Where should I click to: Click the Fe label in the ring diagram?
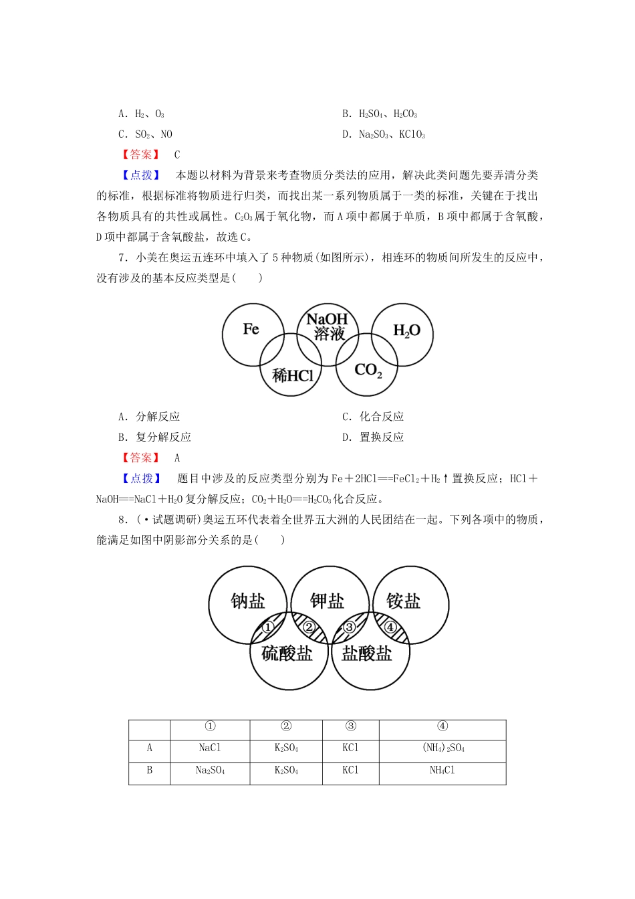pos(251,329)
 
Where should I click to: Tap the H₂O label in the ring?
pos(406,330)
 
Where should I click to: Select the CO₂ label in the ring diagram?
pos(368,370)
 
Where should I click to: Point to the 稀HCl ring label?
pos(293,376)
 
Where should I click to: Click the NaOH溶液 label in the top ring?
pos(328,326)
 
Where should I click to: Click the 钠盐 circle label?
pos(248,601)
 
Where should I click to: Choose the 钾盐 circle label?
pos(327,601)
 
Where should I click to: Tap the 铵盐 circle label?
pos(403,601)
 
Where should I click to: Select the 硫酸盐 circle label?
pos(287,654)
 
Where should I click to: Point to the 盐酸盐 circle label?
pos(366,654)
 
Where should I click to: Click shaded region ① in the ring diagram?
pos(267,627)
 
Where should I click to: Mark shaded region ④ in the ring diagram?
pos(390,627)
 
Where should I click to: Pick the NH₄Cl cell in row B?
pos(442,771)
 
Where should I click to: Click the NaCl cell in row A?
pos(209,748)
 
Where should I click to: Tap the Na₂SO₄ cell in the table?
pos(209,771)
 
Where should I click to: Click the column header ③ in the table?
pos(350,726)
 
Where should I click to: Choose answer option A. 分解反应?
pos(150,417)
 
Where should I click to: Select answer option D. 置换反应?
pos(373,437)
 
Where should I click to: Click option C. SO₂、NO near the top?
pos(145,134)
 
